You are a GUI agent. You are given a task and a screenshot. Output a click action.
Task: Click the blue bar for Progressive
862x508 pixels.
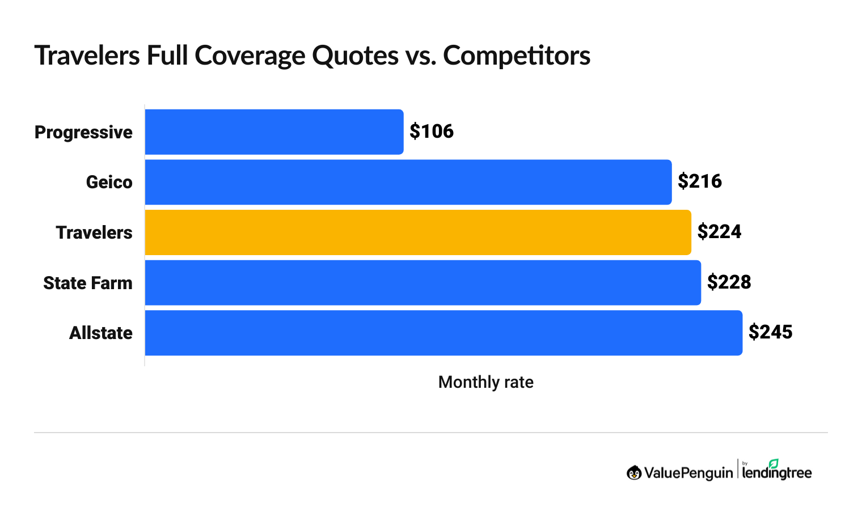pos(274,132)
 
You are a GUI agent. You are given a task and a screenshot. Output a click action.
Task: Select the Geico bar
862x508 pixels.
pos(408,182)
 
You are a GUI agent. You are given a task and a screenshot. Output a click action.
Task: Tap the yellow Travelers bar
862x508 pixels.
pos(418,232)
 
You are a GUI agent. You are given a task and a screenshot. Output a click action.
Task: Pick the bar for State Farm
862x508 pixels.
pos(422,282)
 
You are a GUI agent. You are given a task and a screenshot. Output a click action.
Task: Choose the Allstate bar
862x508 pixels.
pos(443,333)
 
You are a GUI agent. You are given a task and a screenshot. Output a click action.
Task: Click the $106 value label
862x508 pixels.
pos(432,132)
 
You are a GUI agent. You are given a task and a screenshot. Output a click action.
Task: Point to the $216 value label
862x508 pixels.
pos(700,181)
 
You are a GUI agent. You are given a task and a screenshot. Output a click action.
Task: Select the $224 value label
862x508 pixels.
pos(719,232)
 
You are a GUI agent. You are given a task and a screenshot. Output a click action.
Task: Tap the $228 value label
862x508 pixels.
pos(729,282)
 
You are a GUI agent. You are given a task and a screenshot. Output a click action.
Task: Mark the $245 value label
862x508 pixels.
pos(770,332)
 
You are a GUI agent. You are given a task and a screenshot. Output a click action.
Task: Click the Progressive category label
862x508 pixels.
pos(83,132)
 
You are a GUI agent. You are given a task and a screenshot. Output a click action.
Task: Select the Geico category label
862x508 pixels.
pos(109,182)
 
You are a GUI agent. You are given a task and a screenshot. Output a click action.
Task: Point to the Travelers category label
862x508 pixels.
pos(94,232)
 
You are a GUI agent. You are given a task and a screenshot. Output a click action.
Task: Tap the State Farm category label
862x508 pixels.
pos(88,283)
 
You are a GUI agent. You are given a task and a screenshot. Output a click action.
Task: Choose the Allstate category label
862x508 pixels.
pos(101,333)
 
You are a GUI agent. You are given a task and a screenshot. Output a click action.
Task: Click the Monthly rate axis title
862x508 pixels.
pos(485,382)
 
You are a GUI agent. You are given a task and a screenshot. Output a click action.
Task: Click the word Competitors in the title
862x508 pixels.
pos(517,56)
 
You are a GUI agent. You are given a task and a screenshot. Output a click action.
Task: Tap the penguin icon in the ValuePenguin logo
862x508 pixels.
pos(634,472)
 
